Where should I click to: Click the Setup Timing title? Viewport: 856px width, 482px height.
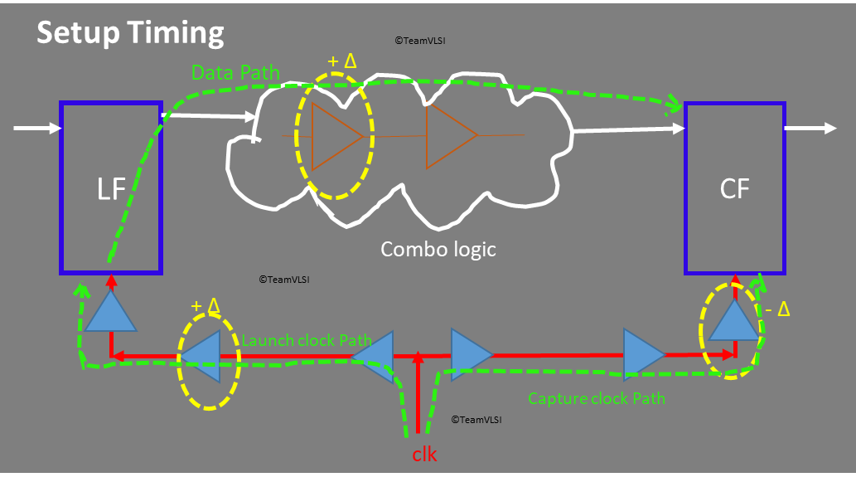pyautogui.click(x=130, y=32)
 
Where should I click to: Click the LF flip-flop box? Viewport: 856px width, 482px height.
pyautogui.click(x=111, y=188)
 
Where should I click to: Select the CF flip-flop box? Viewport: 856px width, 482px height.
pyautogui.click(x=734, y=188)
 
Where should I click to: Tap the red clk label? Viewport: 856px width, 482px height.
pyautogui.click(x=424, y=455)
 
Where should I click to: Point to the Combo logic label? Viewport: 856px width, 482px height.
pyautogui.click(x=438, y=248)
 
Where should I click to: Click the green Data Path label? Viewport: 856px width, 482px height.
pyautogui.click(x=235, y=73)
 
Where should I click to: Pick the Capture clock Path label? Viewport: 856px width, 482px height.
pyautogui.click(x=597, y=398)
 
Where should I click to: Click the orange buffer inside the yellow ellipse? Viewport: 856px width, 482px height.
pyautogui.click(x=336, y=136)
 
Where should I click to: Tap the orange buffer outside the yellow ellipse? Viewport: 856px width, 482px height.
pyautogui.click(x=450, y=136)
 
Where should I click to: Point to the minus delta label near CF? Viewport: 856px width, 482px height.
pyautogui.click(x=777, y=310)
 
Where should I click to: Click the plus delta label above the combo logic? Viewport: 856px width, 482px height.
pyautogui.click(x=341, y=61)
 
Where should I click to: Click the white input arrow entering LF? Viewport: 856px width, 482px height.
pyautogui.click(x=38, y=128)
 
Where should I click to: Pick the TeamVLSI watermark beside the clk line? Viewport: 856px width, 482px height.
pyautogui.click(x=476, y=420)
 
